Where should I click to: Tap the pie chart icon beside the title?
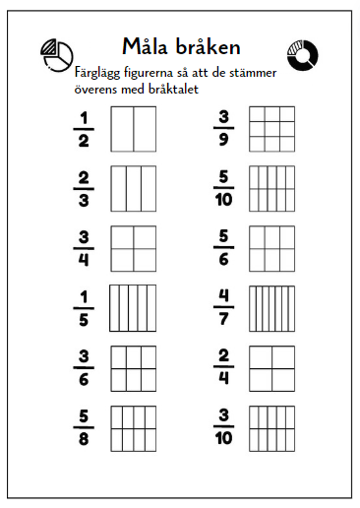(x=58, y=55)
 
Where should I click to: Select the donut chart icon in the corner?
(x=301, y=56)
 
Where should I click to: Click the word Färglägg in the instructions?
(x=99, y=72)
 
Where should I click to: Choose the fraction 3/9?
(x=222, y=130)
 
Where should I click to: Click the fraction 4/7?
(x=222, y=307)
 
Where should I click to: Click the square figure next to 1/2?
(x=133, y=129)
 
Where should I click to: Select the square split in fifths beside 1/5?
(x=133, y=307)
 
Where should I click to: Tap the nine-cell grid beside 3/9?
(x=272, y=129)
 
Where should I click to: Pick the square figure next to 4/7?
(x=272, y=307)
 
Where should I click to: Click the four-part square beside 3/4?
(x=133, y=247)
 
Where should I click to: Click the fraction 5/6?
(x=222, y=247)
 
